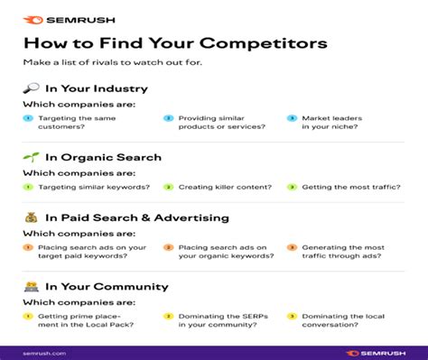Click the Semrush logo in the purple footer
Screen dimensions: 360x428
373,353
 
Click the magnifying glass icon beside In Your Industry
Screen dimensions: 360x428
30,88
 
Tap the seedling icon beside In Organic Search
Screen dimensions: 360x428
30,157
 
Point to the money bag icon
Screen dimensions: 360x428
30,217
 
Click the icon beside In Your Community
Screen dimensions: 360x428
30,287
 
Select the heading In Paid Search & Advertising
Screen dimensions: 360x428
135,217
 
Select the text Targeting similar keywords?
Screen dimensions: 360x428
87,187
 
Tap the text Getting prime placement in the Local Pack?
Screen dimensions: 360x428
80,321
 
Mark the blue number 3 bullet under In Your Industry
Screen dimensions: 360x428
292,118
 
